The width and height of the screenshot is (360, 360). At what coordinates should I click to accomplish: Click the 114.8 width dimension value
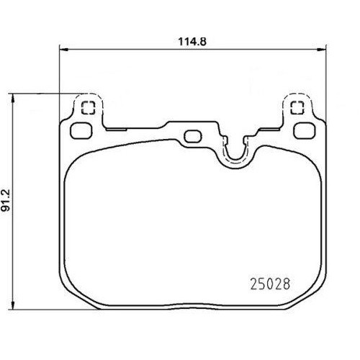(x=192, y=42)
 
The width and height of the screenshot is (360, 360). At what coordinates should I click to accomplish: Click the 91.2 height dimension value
(x=6, y=200)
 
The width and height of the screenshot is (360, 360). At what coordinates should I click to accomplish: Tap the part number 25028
(x=270, y=284)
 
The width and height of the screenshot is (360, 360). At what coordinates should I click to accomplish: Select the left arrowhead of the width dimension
(x=64, y=50)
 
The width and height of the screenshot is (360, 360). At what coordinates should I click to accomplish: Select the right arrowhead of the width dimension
(x=322, y=50)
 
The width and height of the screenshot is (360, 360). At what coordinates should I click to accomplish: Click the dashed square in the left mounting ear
(x=89, y=107)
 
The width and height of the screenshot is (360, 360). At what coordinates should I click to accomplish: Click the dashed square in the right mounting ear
(x=297, y=107)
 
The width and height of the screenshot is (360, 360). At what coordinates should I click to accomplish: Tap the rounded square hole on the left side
(x=81, y=131)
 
